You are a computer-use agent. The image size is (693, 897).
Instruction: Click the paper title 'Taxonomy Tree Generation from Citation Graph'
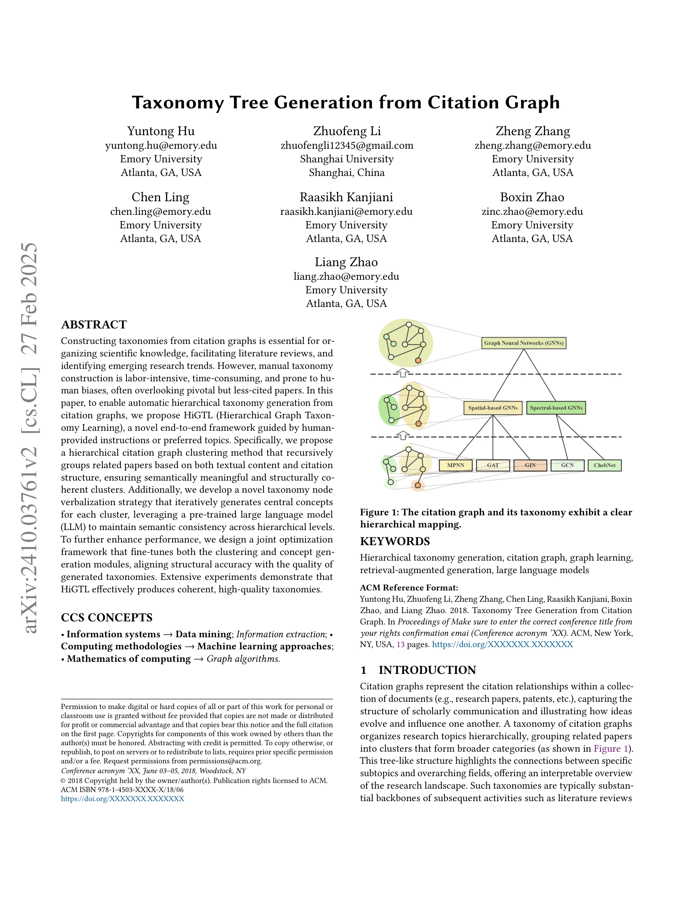tap(346, 102)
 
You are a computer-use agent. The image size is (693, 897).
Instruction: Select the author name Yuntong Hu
tap(160, 131)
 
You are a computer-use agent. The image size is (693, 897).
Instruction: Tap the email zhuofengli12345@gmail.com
tap(346, 145)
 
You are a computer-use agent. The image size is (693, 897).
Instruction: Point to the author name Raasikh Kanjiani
tap(346, 197)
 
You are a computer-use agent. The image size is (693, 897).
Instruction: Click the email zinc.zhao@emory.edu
tap(532, 211)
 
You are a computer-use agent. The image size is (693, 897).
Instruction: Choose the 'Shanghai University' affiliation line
tap(346, 159)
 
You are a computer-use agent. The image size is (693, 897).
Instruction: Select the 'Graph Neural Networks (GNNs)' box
tap(524, 343)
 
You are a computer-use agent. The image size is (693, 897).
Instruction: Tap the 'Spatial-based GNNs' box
tap(493, 408)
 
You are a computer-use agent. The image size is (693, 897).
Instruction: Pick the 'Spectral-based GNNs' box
tap(556, 408)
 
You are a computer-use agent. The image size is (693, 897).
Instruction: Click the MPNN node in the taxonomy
tap(455, 465)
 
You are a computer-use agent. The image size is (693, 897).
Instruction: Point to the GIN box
tap(530, 465)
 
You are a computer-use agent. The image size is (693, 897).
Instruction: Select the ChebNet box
tap(604, 465)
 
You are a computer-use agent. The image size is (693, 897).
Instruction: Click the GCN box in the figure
tap(567, 465)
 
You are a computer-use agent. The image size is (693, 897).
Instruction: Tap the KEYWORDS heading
tap(394, 541)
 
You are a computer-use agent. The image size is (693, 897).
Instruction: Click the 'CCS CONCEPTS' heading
tap(106, 618)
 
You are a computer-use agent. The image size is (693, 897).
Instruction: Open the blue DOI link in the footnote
tap(122, 799)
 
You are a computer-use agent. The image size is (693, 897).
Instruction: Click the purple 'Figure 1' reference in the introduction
tap(610, 748)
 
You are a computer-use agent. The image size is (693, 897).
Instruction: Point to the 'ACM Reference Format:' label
tap(409, 588)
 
